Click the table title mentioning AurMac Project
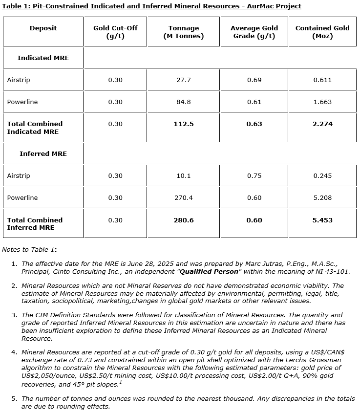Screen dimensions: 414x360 pyautogui.click(x=151, y=6)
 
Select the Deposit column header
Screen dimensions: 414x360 pyautogui.click(x=43, y=28)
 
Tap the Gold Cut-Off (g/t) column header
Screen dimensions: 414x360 pyautogui.click(x=115, y=32)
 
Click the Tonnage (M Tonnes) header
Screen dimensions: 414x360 pyautogui.click(x=184, y=32)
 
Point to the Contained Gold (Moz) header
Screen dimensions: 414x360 pyautogui.click(x=322, y=32)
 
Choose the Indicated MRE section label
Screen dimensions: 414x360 pyautogui.click(x=43, y=58)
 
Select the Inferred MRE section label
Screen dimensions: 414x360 pyautogui.click(x=43, y=153)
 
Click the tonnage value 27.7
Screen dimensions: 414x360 pyautogui.click(x=184, y=80)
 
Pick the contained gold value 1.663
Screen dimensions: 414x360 pyautogui.click(x=322, y=102)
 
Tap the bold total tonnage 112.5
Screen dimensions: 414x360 pyautogui.click(x=184, y=124)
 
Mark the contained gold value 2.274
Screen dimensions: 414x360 pyautogui.click(x=322, y=124)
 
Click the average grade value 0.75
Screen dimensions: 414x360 pyautogui.click(x=254, y=175)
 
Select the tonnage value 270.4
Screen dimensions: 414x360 pyautogui.click(x=184, y=197)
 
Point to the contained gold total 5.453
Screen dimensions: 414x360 pyautogui.click(x=322, y=220)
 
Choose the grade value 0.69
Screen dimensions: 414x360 pyautogui.click(x=254, y=80)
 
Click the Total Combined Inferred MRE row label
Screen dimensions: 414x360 pyautogui.click(x=35, y=224)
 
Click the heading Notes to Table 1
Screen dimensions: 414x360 pyautogui.click(x=29, y=249)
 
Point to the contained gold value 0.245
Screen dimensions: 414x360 pyautogui.click(x=322, y=175)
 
